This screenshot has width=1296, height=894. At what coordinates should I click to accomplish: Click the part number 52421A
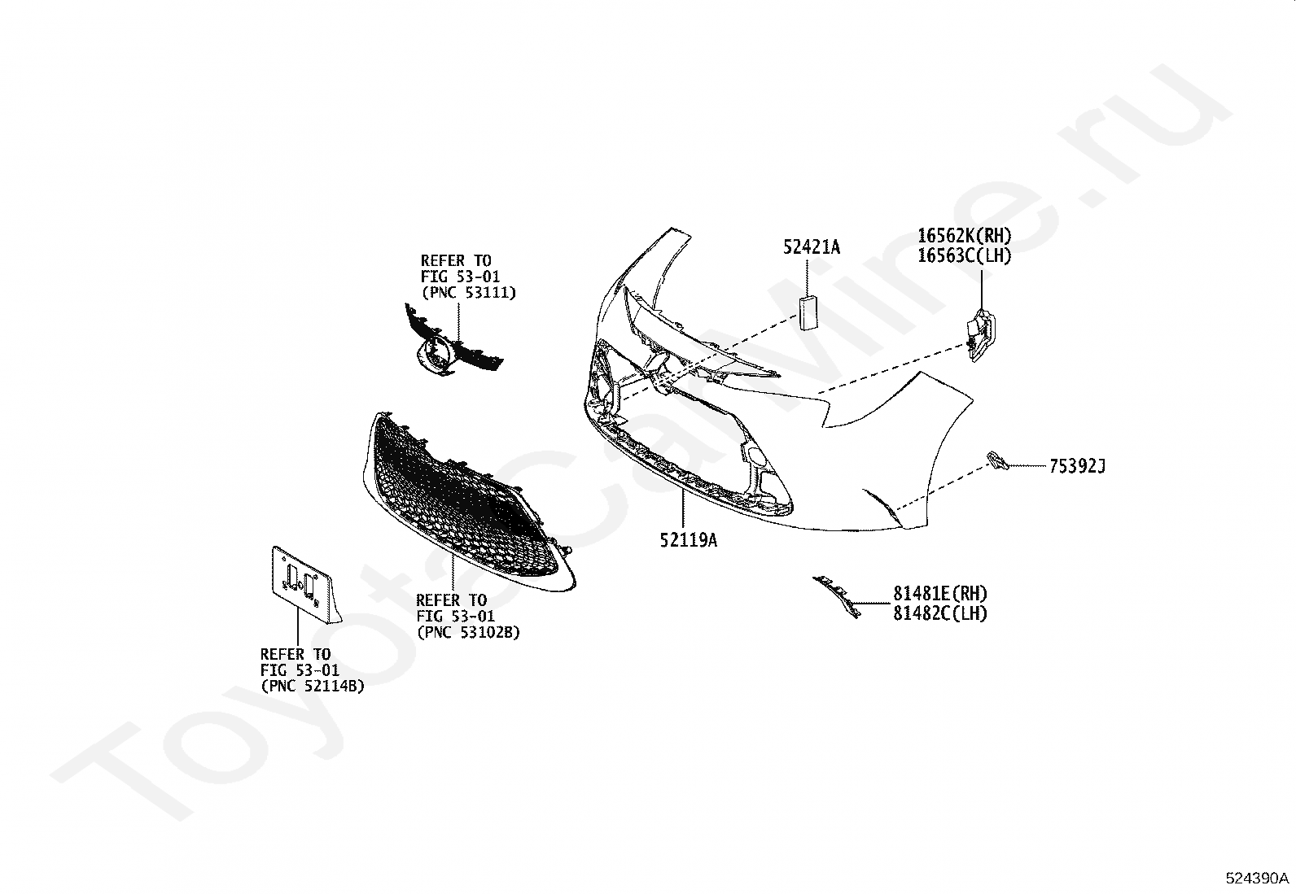coord(811,246)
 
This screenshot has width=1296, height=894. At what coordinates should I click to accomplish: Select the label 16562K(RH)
coord(964,236)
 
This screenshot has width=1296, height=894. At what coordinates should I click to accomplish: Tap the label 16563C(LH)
coord(964,255)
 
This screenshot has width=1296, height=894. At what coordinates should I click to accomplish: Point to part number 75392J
coord(1076,466)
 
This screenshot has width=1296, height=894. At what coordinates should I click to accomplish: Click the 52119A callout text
coord(688,540)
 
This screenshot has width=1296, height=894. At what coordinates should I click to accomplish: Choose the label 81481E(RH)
coord(939,594)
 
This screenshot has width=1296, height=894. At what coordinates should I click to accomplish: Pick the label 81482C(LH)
coord(939,613)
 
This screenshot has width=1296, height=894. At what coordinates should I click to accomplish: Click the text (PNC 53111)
coord(468,291)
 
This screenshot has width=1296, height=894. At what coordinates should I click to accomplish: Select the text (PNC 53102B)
coord(467,631)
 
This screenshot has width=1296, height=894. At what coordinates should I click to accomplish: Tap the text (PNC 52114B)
coord(312,686)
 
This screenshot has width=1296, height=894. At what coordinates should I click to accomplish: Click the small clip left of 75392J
coord(996,460)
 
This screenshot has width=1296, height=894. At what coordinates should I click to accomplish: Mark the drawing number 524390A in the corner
coord(1257,879)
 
